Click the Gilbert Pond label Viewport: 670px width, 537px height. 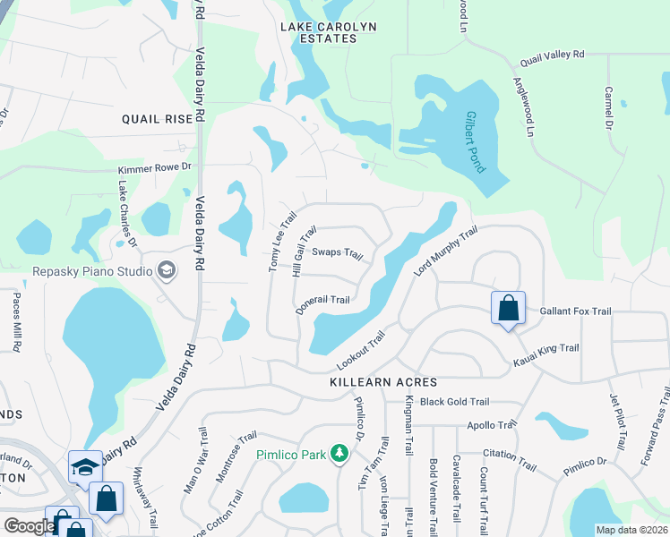(475, 142)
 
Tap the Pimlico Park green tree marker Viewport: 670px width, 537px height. (339, 454)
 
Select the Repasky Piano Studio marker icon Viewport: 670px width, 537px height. (166, 269)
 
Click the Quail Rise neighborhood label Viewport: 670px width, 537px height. (157, 118)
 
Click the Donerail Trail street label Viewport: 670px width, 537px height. (322, 304)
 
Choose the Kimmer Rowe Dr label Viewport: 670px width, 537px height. (154, 167)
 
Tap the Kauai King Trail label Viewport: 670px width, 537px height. (545, 354)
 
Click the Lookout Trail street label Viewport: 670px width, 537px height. (360, 351)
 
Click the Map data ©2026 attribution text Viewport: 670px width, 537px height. (631, 530)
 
